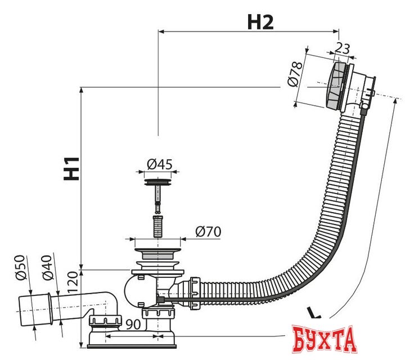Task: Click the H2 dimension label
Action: (x=260, y=22)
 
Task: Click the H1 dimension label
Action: (x=71, y=169)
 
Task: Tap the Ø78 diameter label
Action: (x=295, y=74)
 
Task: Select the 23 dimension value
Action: (x=342, y=48)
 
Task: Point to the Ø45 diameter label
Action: (x=160, y=164)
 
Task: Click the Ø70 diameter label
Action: (x=208, y=232)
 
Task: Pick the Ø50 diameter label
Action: (x=21, y=267)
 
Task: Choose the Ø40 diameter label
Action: (x=48, y=267)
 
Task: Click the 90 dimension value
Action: (x=133, y=325)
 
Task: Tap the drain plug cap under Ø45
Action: (x=158, y=182)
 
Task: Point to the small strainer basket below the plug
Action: (x=158, y=226)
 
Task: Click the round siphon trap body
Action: (x=137, y=291)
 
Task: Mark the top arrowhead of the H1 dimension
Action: (x=82, y=90)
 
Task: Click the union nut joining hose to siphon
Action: (x=195, y=293)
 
